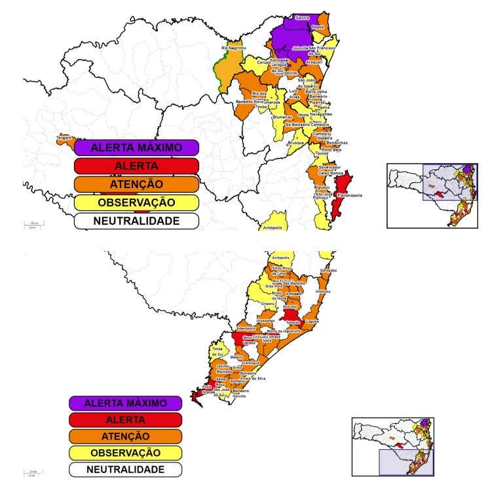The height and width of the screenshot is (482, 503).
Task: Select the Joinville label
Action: click(x=300, y=49)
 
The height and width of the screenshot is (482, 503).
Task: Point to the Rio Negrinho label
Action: click(x=233, y=48)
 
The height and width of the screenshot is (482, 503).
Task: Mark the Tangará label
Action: click(x=64, y=138)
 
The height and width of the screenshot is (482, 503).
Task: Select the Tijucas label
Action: click(x=322, y=153)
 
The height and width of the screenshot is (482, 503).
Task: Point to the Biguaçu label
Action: click(x=322, y=187)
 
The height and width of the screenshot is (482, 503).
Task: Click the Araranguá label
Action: click(x=250, y=363)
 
